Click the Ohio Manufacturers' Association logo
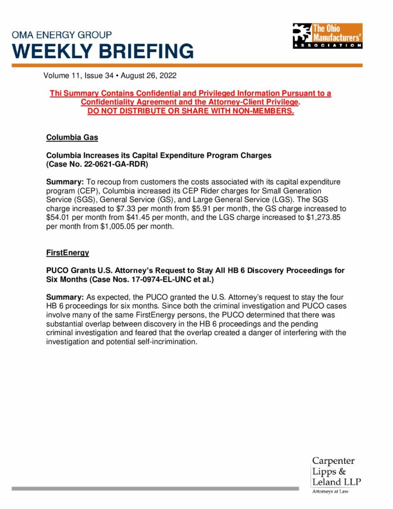pyautogui.click(x=327, y=36)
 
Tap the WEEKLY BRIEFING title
pyautogui.click(x=103, y=51)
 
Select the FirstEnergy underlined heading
pyautogui.click(x=67, y=253)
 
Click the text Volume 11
pyautogui.click(x=62, y=77)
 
